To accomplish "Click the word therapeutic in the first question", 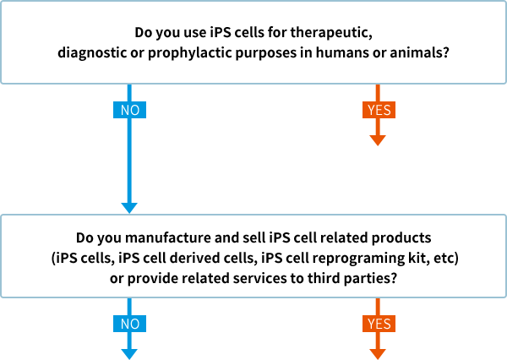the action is point(331,33).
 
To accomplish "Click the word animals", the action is point(419,52).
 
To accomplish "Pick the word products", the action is point(401,237).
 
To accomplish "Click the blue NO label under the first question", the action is point(129,110).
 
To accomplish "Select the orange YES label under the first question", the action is point(379,110).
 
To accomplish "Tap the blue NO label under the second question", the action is point(129,324).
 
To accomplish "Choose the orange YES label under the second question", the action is point(379,324).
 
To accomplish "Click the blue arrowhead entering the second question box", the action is point(129,208).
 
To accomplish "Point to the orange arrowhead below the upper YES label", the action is point(378,140).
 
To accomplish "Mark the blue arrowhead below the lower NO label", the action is point(129,354).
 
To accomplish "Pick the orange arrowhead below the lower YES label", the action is point(378,354).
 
